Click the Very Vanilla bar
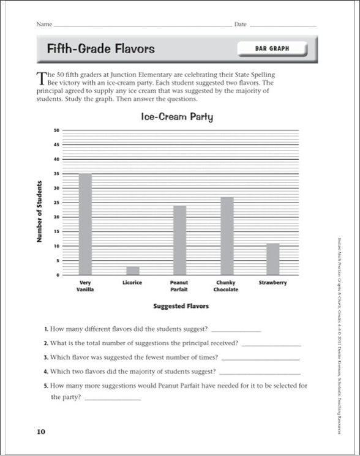tap(85, 224)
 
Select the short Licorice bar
tap(133, 271)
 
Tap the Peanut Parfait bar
tap(179, 240)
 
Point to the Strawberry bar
tap(273, 259)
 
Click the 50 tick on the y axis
tap(56, 130)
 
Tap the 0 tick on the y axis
tap(58, 275)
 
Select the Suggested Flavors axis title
tap(181, 305)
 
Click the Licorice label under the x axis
tap(133, 283)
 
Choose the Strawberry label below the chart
tap(273, 283)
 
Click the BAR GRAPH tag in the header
tap(272, 48)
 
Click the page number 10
tap(40, 432)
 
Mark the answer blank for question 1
tap(235, 331)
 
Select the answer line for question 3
tap(260, 359)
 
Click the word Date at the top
tap(240, 24)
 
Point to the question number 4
tap(46, 372)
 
